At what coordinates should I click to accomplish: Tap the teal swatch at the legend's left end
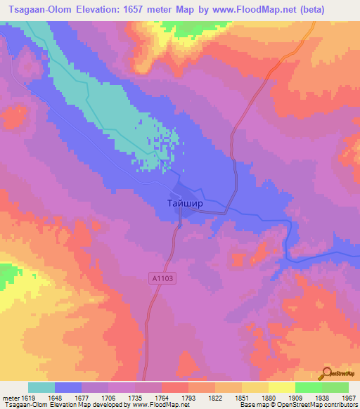click(41, 387)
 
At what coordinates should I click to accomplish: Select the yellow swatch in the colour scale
click(281, 387)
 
